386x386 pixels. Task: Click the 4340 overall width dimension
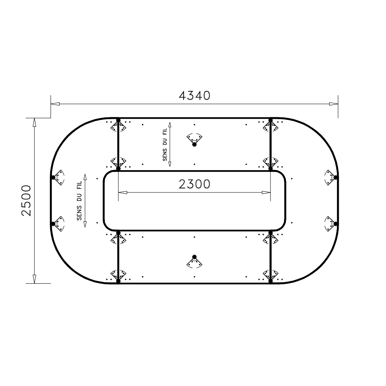tap(194, 95)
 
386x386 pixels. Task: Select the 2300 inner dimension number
tap(195, 184)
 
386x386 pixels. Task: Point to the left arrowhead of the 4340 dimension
tap(55, 104)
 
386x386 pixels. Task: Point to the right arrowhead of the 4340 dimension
tap(333, 104)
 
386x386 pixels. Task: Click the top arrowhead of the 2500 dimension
tap(34, 122)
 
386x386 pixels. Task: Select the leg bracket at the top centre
tap(194, 140)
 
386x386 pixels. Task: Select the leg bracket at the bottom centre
tap(194, 261)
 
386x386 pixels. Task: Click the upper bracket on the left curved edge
tap(58, 177)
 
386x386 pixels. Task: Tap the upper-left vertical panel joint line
tap(118, 145)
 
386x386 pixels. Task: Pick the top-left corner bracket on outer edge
tap(118, 126)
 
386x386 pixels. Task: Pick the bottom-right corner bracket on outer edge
tap(271, 275)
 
